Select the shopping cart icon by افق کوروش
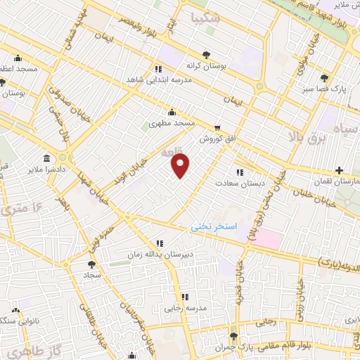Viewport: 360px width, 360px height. tap(217, 128)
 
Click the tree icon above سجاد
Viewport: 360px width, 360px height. tap(92, 265)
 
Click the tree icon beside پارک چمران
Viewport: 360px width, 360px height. tap(234, 336)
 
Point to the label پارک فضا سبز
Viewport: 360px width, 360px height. tap(324, 89)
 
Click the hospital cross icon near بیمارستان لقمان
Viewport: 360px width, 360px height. tap(340, 170)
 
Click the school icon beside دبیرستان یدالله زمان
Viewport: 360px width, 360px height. tap(160, 243)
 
